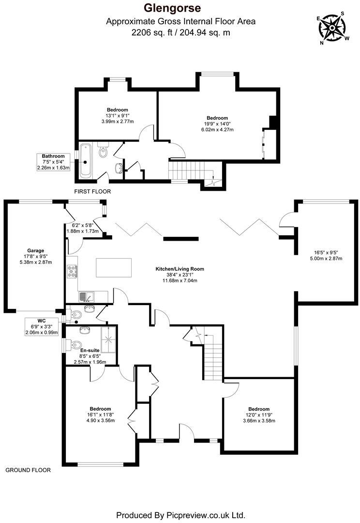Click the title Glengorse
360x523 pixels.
pyautogui.click(x=180, y=8)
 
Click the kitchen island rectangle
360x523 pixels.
pyautogui.click(x=114, y=267)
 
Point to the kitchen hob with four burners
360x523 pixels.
pyautogui.click(x=72, y=272)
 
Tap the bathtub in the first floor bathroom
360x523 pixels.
pyautogui.click(x=86, y=159)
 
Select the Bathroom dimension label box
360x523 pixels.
pyautogui.click(x=53, y=162)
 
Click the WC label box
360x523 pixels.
pyautogui.click(x=41, y=326)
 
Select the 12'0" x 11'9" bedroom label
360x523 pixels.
pyautogui.click(x=259, y=415)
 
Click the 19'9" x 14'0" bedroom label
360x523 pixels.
pyautogui.click(x=217, y=124)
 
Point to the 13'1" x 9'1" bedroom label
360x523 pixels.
pyautogui.click(x=117, y=115)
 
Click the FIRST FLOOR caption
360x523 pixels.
pyautogui.click(x=92, y=192)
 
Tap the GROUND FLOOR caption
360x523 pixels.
pyautogui.click(x=28, y=470)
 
